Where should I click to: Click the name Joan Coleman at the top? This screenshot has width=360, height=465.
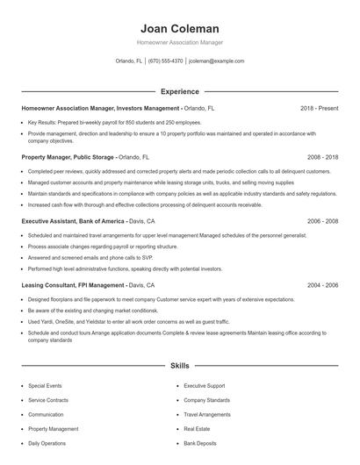pyautogui.click(x=180, y=28)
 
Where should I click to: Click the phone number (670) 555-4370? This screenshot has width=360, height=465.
pyautogui.click(x=165, y=61)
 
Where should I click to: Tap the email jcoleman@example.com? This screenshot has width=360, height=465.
pyautogui.click(x=217, y=61)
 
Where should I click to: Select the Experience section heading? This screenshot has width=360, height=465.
pyautogui.click(x=180, y=91)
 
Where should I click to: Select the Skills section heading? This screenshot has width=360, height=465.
pyautogui.click(x=180, y=365)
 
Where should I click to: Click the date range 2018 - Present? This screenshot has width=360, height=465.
pyautogui.click(x=319, y=108)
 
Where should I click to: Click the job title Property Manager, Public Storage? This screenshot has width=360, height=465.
pyautogui.click(x=68, y=157)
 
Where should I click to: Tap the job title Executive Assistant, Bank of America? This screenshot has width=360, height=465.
pyautogui.click(x=74, y=222)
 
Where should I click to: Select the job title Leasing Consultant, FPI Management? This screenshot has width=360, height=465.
pyautogui.click(x=73, y=285)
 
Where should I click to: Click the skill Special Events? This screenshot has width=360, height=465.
pyautogui.click(x=45, y=385)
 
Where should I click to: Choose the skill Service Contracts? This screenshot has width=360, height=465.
pyautogui.click(x=47, y=400)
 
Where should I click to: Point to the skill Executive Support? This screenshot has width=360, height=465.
pyautogui.click(x=205, y=385)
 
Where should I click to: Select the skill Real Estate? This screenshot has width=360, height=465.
pyautogui.click(x=198, y=429)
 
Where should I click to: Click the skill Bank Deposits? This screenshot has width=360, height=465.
pyautogui.click(x=201, y=444)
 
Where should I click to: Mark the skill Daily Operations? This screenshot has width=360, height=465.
pyautogui.click(x=47, y=444)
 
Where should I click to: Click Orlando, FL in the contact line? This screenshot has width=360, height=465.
pyautogui.click(x=129, y=61)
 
